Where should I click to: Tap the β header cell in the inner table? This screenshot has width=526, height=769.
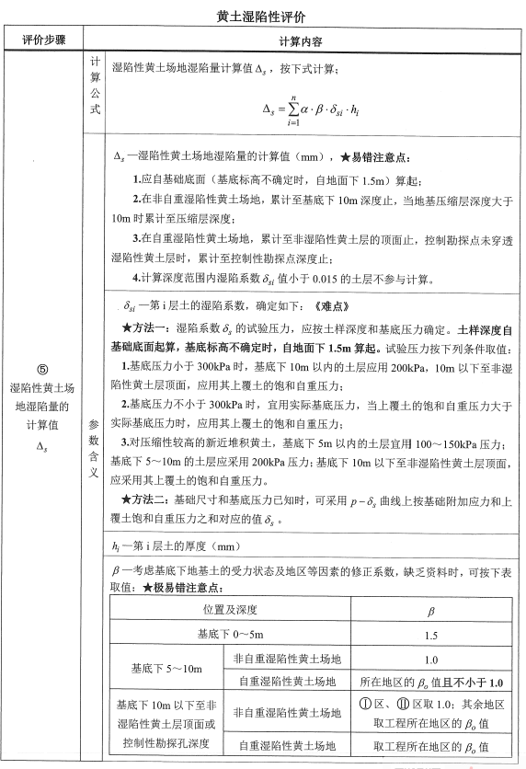point(431,609)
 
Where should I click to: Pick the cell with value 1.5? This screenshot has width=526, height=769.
point(431,635)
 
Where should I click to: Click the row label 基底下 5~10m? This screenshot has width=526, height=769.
point(166,671)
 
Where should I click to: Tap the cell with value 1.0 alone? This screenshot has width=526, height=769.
point(431,660)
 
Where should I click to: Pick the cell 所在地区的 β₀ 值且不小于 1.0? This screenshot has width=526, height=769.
point(431,683)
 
